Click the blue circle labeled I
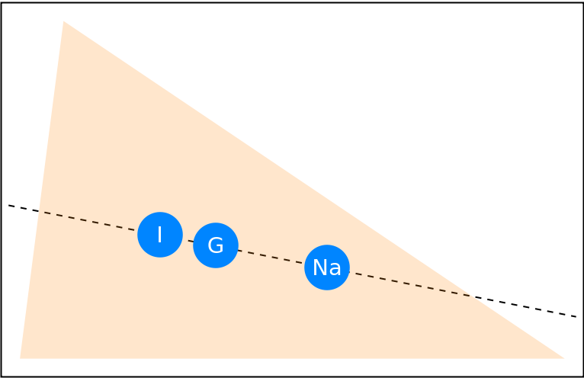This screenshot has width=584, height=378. click(160, 235)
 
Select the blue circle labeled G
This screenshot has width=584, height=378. click(216, 245)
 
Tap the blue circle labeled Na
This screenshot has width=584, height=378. click(327, 267)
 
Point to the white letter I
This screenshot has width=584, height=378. click(159, 235)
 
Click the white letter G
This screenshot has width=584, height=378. click(216, 245)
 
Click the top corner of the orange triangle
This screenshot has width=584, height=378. click(63, 21)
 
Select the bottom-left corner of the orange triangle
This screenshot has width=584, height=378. click(21, 357)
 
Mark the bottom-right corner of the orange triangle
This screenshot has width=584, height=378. click(563, 357)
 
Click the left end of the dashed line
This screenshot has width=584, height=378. click(44, 213)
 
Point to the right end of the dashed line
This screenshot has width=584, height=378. click(470, 296)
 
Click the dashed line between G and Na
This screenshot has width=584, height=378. click(271, 257)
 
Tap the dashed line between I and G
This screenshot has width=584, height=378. click(188, 240)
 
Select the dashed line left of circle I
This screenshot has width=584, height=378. click(91, 222)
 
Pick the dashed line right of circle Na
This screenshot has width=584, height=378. click(412, 284)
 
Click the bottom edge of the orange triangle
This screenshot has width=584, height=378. click(290, 357)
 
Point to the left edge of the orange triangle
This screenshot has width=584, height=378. click(42, 191)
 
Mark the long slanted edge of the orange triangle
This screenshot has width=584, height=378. click(313, 189)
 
